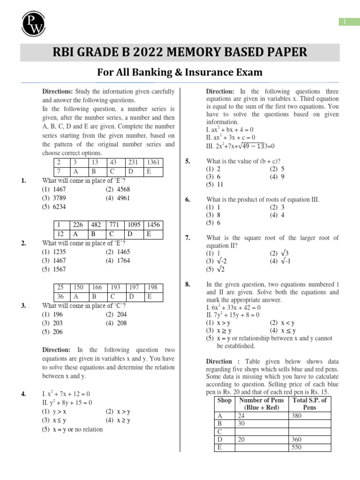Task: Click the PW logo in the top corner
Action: point(33,22)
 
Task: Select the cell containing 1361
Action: point(153,162)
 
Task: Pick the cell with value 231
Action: point(134,162)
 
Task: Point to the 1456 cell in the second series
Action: point(154,225)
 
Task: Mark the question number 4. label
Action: point(23,394)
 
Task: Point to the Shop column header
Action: point(225,400)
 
